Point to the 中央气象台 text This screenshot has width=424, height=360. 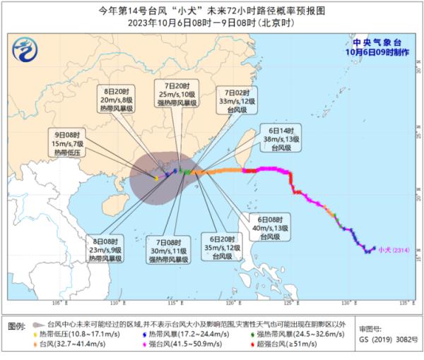click(x=373, y=41)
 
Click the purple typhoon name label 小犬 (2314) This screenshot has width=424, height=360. click(x=393, y=248)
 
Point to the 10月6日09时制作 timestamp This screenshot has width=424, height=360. click(x=373, y=52)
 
